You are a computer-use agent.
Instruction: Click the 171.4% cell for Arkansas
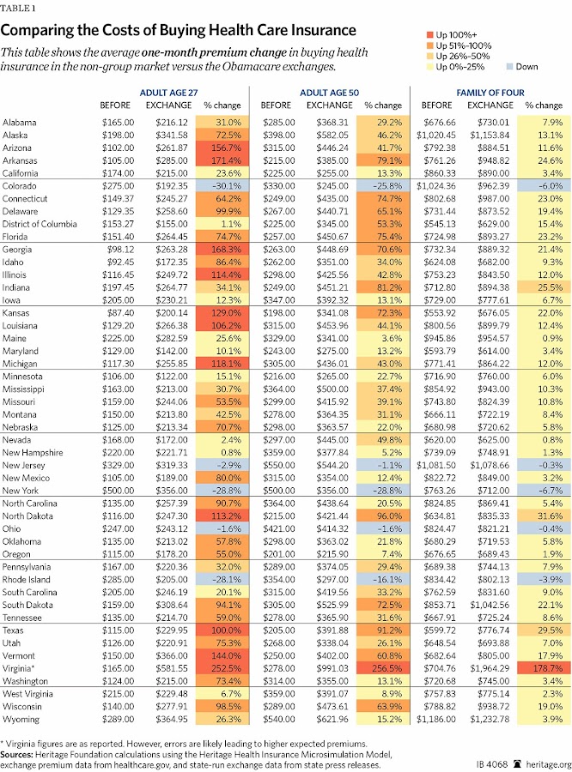222,160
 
